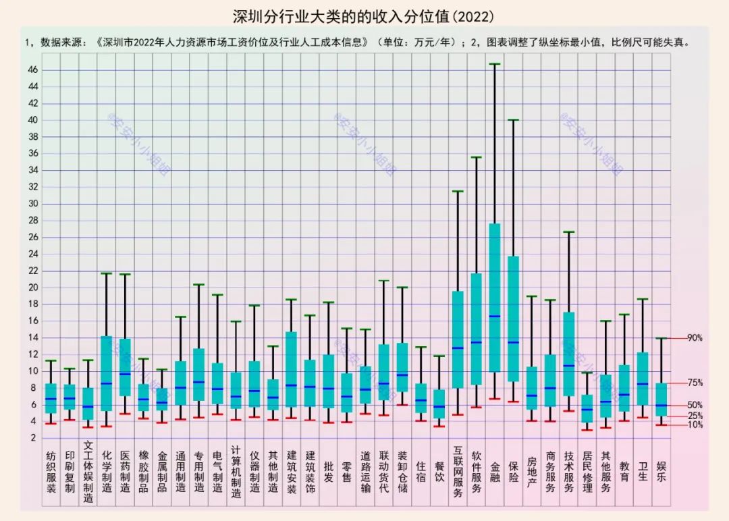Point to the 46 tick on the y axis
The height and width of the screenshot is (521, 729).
click(x=32, y=70)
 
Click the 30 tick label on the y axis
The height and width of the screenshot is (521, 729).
click(x=32, y=204)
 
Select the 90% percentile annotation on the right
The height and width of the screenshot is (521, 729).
click(x=695, y=338)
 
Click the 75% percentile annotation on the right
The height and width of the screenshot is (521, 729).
click(x=695, y=383)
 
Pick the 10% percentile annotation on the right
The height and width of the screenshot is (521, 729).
click(x=695, y=425)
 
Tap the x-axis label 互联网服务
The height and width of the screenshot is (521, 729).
click(x=458, y=471)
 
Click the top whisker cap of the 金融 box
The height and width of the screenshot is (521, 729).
click(x=495, y=64)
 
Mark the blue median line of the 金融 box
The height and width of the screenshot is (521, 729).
click(x=495, y=316)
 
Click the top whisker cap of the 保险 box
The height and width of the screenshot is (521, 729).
click(x=513, y=120)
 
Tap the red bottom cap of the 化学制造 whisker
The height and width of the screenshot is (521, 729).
click(x=107, y=426)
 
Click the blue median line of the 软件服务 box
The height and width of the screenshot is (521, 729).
click(x=477, y=342)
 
